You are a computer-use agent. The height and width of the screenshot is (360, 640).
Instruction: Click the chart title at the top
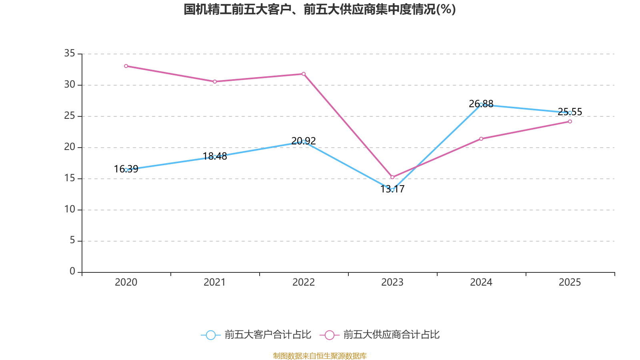click(x=320, y=9)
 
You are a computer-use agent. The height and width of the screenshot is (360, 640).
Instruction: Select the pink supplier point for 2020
click(x=126, y=66)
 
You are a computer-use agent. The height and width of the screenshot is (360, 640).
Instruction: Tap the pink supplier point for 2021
click(x=215, y=82)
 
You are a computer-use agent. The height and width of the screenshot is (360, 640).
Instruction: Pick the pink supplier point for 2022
click(x=304, y=74)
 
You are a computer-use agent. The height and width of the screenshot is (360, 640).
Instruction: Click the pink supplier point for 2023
click(x=392, y=177)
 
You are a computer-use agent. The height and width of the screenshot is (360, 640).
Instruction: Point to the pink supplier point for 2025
click(x=570, y=122)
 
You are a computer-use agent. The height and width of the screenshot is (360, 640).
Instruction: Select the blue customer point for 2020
click(x=126, y=170)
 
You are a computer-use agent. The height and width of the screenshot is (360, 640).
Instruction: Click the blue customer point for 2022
click(x=304, y=142)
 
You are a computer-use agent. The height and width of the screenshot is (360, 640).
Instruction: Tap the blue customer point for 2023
click(x=392, y=190)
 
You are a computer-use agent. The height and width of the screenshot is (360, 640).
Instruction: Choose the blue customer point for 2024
click(x=481, y=104)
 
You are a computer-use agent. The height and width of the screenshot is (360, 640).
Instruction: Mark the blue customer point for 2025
click(x=570, y=113)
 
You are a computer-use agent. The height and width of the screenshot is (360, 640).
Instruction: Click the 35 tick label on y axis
click(x=70, y=53)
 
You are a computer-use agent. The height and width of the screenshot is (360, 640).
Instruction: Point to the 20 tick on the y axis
click(x=70, y=147)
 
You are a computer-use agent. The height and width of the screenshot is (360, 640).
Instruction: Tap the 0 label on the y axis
click(x=72, y=272)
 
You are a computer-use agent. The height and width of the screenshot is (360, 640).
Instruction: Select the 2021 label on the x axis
click(x=215, y=282)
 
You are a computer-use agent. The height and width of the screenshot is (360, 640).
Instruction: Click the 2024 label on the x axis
click(x=481, y=282)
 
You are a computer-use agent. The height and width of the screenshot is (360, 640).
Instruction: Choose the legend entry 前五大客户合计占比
click(x=256, y=335)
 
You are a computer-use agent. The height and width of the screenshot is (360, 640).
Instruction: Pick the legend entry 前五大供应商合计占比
click(x=380, y=335)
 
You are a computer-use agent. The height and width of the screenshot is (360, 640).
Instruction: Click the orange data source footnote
click(x=320, y=356)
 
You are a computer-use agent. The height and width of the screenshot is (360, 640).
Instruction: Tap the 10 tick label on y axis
click(x=70, y=209)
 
